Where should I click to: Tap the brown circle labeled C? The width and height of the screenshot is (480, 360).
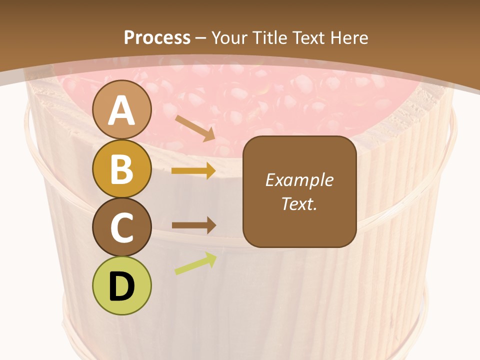122,227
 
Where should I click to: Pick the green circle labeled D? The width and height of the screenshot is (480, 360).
122,285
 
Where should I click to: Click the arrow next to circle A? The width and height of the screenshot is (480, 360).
195,127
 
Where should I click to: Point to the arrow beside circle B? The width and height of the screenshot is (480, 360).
193,171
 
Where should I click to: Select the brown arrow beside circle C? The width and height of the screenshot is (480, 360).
193,225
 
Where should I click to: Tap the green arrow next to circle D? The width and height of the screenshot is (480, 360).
195,263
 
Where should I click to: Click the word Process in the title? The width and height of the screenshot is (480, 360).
157,38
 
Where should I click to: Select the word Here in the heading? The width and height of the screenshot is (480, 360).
349,38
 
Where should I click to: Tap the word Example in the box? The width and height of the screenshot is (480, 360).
299,180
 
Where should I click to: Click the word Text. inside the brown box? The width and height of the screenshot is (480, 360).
299,203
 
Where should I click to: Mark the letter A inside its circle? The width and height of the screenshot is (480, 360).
122,110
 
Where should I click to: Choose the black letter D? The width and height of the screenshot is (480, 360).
122,286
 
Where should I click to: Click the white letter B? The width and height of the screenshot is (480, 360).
122,169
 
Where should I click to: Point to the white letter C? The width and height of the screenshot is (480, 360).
122,228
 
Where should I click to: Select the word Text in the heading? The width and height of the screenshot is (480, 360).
309,38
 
